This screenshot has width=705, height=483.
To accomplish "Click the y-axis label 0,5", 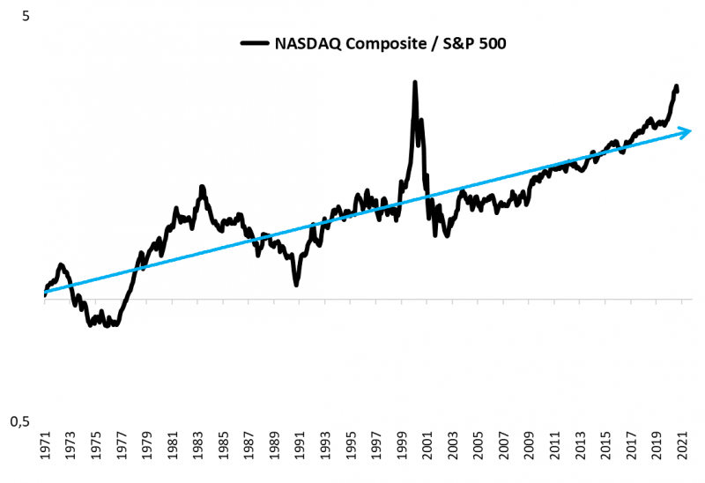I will point(19,422).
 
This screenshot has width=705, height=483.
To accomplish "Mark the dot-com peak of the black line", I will point(414,83).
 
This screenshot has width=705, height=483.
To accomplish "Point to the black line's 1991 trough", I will point(296,284).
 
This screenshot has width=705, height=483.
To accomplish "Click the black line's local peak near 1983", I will point(202,187).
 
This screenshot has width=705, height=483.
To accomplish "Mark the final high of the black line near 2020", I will point(676,86).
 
